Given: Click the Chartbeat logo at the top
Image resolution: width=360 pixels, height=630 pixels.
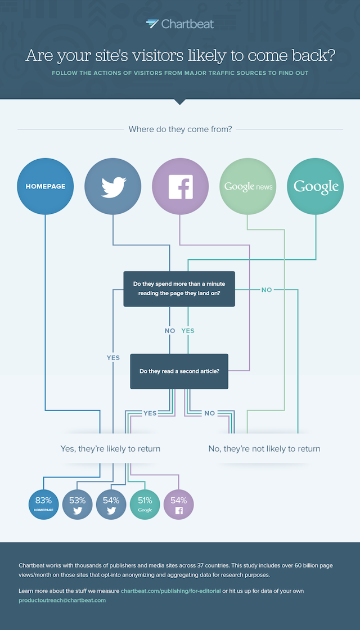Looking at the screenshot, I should (179, 24).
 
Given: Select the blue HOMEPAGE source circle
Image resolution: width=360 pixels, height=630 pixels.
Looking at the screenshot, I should (46, 186).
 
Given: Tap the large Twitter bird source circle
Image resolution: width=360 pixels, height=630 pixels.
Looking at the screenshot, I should (113, 186).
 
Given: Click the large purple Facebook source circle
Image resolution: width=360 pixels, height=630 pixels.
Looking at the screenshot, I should (181, 186).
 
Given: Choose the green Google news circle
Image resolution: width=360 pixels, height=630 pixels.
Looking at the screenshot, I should (248, 186).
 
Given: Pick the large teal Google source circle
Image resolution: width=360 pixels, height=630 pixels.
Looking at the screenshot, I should (316, 186).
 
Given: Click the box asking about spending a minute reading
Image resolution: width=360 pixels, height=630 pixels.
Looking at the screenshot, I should (179, 289).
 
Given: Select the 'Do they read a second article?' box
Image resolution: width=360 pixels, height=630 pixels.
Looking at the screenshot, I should (179, 371).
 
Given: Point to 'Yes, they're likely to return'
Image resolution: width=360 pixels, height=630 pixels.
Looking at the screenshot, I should (110, 449).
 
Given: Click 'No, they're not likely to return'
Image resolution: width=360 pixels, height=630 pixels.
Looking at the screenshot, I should (264, 449).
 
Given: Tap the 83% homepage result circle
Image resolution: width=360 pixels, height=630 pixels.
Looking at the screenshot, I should (44, 503).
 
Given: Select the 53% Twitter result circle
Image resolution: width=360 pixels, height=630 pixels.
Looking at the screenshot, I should (78, 503).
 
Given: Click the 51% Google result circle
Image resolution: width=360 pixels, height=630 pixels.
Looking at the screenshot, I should (145, 503).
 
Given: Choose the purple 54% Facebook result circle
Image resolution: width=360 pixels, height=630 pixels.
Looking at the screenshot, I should (179, 503).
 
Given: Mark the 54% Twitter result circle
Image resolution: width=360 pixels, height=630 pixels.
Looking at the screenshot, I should (111, 503).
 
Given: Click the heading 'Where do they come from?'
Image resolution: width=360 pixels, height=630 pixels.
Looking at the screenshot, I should (180, 129).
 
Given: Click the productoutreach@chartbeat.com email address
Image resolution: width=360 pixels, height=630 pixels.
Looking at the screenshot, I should (62, 600).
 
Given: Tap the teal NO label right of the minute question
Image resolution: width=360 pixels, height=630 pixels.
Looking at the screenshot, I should (267, 290).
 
